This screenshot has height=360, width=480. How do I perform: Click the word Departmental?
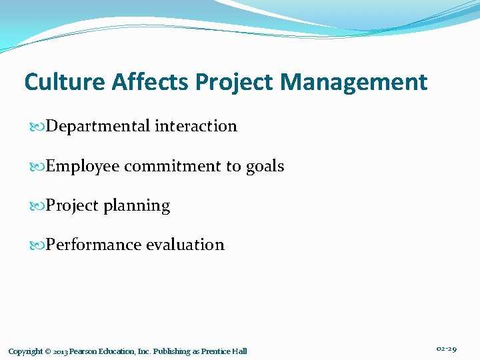[x=98, y=126]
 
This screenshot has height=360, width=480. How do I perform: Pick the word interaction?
[x=196, y=126]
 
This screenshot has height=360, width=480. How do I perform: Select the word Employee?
[x=83, y=167]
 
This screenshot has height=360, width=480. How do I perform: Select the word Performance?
[x=93, y=245]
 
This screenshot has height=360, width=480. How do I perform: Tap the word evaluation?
[x=185, y=245]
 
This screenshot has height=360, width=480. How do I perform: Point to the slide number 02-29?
[x=446, y=349]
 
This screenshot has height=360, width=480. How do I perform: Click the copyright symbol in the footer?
[x=47, y=351]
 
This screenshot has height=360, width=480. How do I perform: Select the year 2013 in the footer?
[x=59, y=351]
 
